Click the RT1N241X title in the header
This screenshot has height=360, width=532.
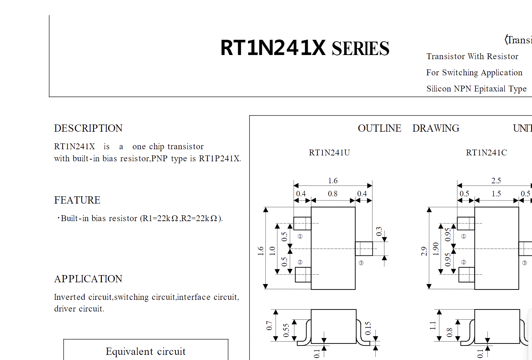click(273, 48)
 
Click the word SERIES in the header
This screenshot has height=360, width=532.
click(360, 48)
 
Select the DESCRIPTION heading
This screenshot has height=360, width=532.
click(88, 128)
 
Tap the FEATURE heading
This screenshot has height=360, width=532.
click(77, 200)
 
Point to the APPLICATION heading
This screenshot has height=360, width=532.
click(88, 279)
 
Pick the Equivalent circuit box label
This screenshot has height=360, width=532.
click(146, 351)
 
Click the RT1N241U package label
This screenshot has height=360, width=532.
click(329, 153)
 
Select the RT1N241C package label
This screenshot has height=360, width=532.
click(486, 153)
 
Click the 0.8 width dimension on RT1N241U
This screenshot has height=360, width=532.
click(332, 194)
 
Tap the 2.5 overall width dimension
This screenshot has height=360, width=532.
click(496, 181)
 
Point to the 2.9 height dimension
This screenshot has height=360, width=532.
click(424, 251)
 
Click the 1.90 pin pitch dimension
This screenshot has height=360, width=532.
click(436, 249)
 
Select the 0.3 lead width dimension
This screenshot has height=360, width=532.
click(379, 231)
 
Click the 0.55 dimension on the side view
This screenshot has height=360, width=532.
click(286, 330)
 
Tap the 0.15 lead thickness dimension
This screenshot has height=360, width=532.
click(368, 328)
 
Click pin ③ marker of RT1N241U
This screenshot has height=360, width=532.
click(361, 263)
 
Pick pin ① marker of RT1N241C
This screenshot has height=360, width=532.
click(464, 236)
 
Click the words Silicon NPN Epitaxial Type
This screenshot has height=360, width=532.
click(476, 89)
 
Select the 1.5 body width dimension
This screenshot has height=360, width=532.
click(496, 194)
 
